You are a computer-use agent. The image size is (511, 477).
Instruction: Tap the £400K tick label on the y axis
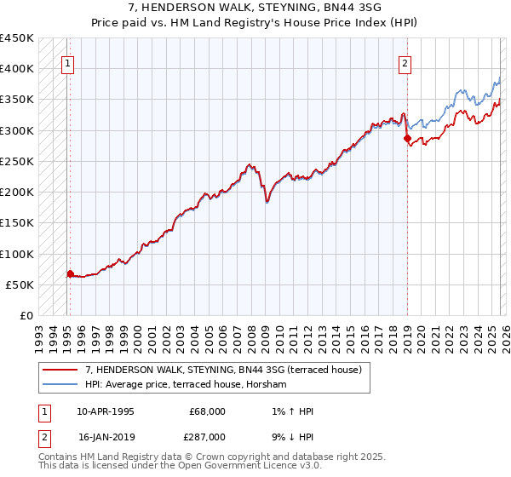coord(17,69)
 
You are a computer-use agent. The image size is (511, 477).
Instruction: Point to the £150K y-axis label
coord(17,223)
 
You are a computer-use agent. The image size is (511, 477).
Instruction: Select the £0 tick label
coord(26,316)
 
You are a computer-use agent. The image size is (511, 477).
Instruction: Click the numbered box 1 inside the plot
coord(67,62)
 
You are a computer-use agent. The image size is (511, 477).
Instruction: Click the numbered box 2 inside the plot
coord(405,62)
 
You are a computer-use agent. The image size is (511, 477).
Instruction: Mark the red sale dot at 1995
coord(71,273)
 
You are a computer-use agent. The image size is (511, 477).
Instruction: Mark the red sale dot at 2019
coord(407,138)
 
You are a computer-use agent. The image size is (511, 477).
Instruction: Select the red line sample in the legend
coord(60,370)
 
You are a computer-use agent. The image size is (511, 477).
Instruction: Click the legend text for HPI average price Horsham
coord(187,384)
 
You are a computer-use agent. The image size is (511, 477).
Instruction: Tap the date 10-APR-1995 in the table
coord(106,411)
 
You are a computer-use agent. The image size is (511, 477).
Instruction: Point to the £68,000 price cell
coord(207,411)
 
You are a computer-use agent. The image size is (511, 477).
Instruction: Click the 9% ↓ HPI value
coord(290,436)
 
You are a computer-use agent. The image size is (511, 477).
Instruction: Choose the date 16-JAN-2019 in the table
coord(106,436)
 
